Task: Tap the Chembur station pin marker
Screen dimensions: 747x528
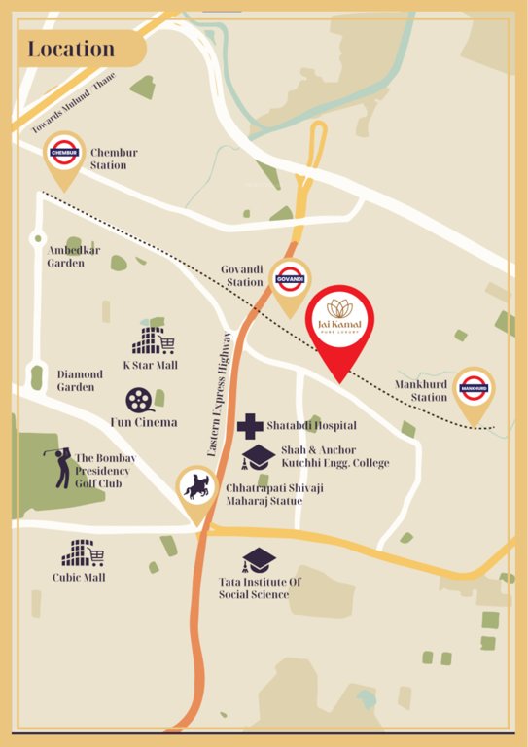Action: click(x=65, y=158)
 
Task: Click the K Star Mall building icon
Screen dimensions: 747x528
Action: click(x=153, y=340)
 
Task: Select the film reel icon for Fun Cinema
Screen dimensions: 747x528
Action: click(x=140, y=400)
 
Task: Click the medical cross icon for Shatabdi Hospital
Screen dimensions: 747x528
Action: click(x=250, y=425)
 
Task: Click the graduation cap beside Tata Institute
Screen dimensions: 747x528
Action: click(x=259, y=560)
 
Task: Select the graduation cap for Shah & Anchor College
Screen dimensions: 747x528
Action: click(x=259, y=456)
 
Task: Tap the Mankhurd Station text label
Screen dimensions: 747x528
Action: click(x=421, y=390)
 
